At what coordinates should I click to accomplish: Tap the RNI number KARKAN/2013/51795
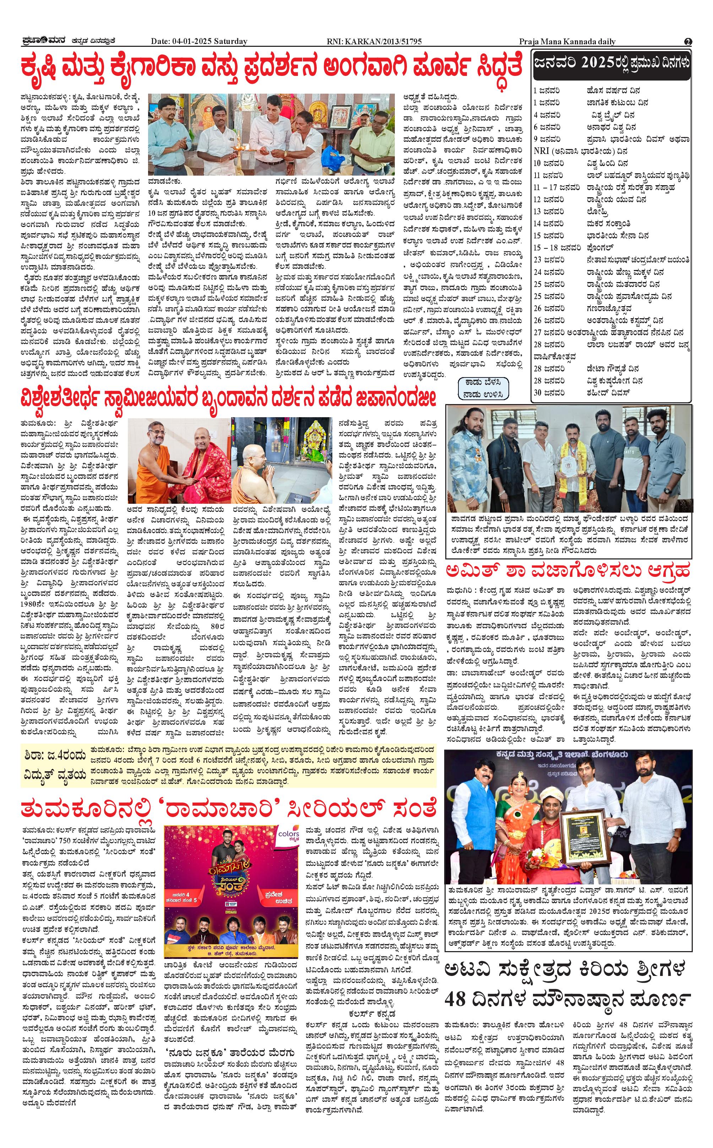coord(374,42)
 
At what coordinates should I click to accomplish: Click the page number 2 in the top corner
coord(688,42)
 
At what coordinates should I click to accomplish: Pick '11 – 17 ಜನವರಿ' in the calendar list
coord(556,187)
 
